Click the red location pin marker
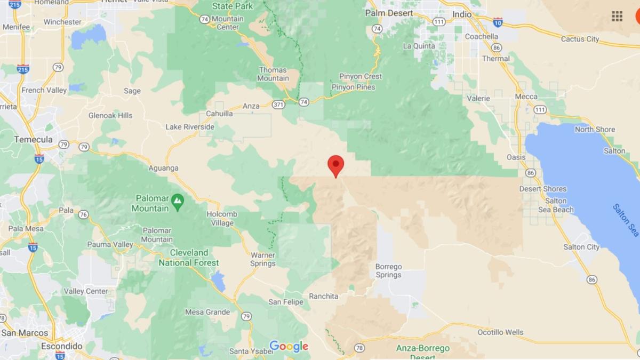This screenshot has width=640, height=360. [335, 165]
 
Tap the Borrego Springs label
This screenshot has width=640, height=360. [388, 270]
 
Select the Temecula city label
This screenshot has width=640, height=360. [33, 139]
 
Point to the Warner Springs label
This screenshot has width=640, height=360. [263, 259]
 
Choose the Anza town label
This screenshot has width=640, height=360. [251, 106]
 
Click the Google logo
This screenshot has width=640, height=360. [289, 346]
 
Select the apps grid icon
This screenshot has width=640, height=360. [617, 16]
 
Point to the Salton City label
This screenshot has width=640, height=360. [581, 247]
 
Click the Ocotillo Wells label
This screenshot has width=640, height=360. [500, 332]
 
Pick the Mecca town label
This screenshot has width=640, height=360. [526, 97]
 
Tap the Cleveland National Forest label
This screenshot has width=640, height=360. [189, 258]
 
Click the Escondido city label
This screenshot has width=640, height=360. [61, 346]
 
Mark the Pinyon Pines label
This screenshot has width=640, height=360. [353, 87]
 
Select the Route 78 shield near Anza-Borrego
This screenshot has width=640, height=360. [359, 348]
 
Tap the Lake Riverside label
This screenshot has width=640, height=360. [190, 127]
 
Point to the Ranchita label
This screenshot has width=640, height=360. [323, 296]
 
